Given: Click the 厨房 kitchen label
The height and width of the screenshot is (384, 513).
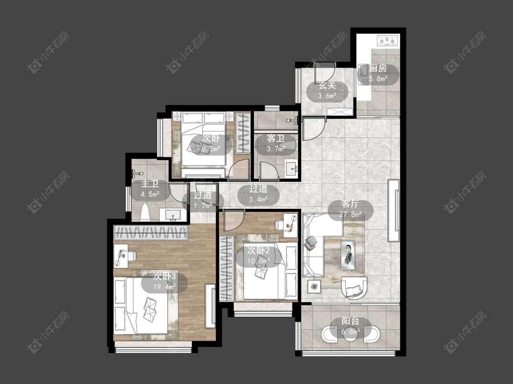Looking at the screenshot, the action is (378, 68).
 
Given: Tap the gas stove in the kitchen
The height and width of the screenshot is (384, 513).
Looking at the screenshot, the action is (388, 41).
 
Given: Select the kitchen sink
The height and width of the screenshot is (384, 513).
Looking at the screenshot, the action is (363, 75).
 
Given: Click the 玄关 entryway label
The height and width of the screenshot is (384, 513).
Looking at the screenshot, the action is (327, 86).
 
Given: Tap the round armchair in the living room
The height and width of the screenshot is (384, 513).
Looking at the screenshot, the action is (353, 288).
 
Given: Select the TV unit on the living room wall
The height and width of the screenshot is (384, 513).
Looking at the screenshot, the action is (394, 211).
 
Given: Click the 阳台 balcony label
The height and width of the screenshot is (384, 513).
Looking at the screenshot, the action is (350, 321).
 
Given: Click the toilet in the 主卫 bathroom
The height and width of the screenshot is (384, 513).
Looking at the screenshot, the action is (145, 212).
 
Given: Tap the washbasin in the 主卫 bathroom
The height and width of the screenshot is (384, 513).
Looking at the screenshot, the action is (173, 215).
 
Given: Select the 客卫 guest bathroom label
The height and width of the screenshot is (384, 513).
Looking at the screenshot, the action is (276, 138).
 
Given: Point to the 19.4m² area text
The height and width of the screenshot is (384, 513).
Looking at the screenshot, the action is (165, 287).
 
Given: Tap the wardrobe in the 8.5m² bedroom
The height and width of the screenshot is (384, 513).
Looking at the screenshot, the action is (243, 133).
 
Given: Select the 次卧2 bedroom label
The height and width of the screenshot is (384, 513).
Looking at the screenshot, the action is (259, 250).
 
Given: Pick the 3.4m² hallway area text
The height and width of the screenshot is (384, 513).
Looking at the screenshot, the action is (258, 199).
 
